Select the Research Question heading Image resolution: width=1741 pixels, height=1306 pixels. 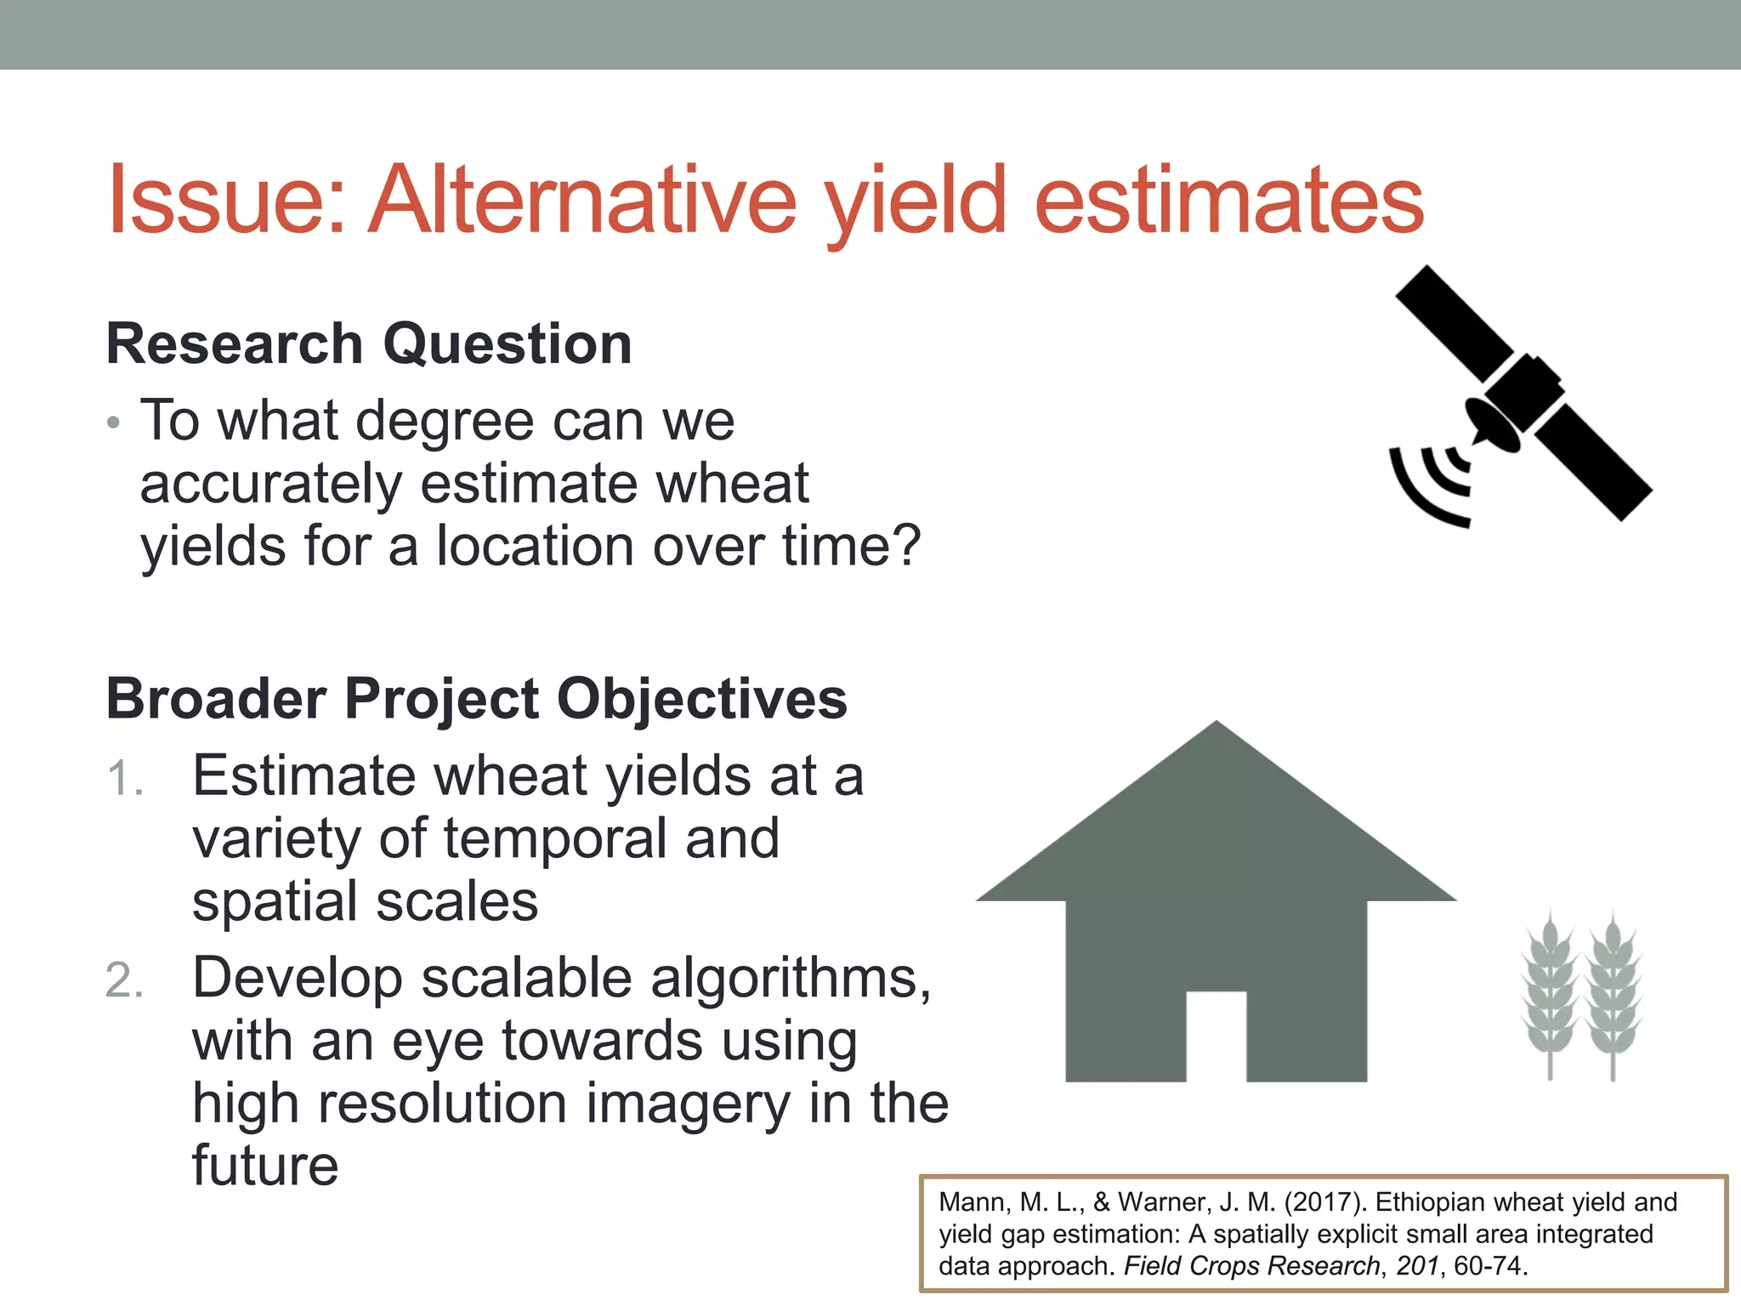pos(369,344)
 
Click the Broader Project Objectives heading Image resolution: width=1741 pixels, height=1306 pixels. pos(476,699)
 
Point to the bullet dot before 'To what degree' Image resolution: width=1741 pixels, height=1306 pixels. pos(114,423)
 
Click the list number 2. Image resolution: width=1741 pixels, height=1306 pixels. pos(124,980)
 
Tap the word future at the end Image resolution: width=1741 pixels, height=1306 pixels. pos(265,1166)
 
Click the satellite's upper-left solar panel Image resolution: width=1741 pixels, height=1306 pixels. pos(1455,323)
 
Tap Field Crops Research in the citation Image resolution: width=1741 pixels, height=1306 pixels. pos(1252,1266)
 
